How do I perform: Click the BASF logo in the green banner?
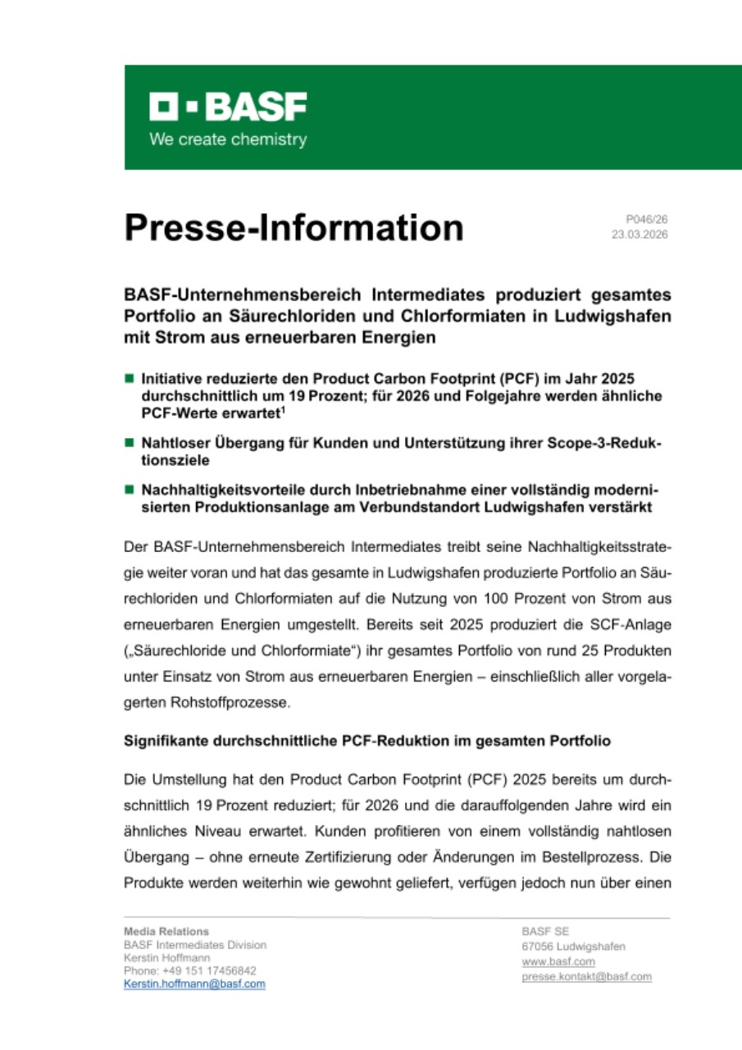click(x=228, y=107)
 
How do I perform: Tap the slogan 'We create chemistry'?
click(x=228, y=139)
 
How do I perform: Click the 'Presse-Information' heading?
click(x=294, y=227)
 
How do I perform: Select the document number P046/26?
click(x=647, y=220)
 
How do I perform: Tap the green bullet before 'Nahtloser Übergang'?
click(x=129, y=443)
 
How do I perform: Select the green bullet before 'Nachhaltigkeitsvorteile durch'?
click(x=129, y=490)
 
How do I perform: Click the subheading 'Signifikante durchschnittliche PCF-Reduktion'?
click(x=367, y=740)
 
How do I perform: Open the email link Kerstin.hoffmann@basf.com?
click(x=194, y=984)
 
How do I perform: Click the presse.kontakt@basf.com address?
click(x=586, y=977)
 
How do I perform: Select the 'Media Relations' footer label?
click(x=166, y=932)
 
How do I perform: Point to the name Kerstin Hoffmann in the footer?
click(x=166, y=957)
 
